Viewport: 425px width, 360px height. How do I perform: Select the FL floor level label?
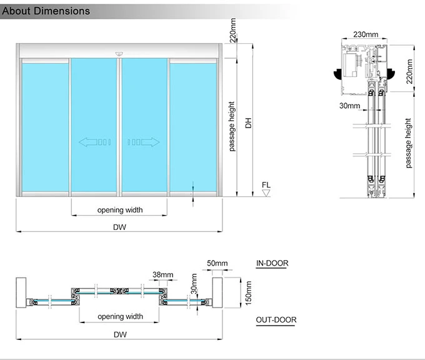(266, 185)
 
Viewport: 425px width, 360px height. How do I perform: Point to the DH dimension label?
(247, 122)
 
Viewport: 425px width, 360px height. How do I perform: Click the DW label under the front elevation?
(119, 227)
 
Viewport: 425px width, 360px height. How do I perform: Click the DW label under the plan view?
(119, 334)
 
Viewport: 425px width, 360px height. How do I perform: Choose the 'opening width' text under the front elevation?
(119, 210)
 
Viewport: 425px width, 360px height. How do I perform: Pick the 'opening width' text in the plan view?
(119, 316)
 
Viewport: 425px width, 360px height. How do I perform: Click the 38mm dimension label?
(161, 274)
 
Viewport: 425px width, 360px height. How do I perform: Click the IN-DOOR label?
(272, 263)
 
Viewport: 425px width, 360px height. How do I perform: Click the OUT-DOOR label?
(276, 320)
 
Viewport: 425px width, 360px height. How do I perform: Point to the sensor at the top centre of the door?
(119, 54)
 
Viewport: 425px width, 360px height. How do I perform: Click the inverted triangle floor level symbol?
(266, 194)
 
